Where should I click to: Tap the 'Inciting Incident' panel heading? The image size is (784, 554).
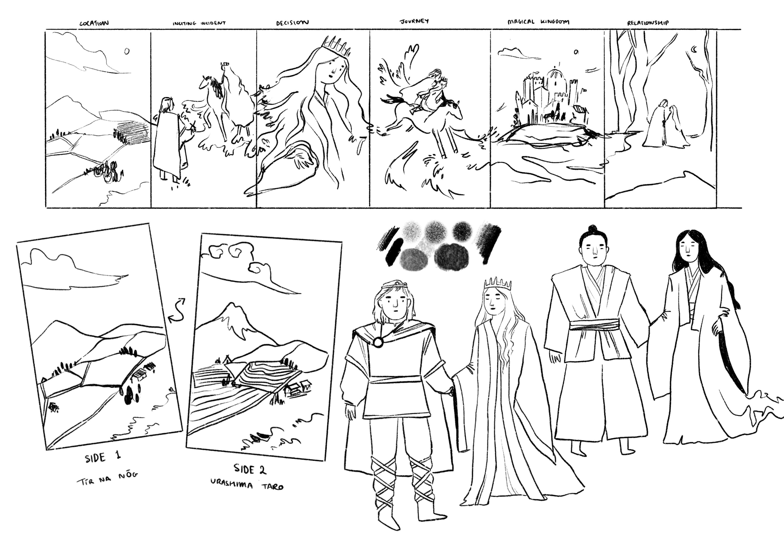pos(199,23)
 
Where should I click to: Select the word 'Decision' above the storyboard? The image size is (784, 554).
pos(292,23)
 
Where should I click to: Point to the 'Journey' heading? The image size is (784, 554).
pos(414,21)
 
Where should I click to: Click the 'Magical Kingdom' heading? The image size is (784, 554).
pos(538,22)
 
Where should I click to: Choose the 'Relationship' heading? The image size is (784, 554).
pos(648,23)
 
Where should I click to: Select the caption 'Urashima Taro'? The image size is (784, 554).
pos(247,484)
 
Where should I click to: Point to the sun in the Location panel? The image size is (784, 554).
pos(127,51)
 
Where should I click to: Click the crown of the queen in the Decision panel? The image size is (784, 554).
pos(336,46)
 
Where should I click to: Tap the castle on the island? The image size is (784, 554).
pos(550,96)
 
